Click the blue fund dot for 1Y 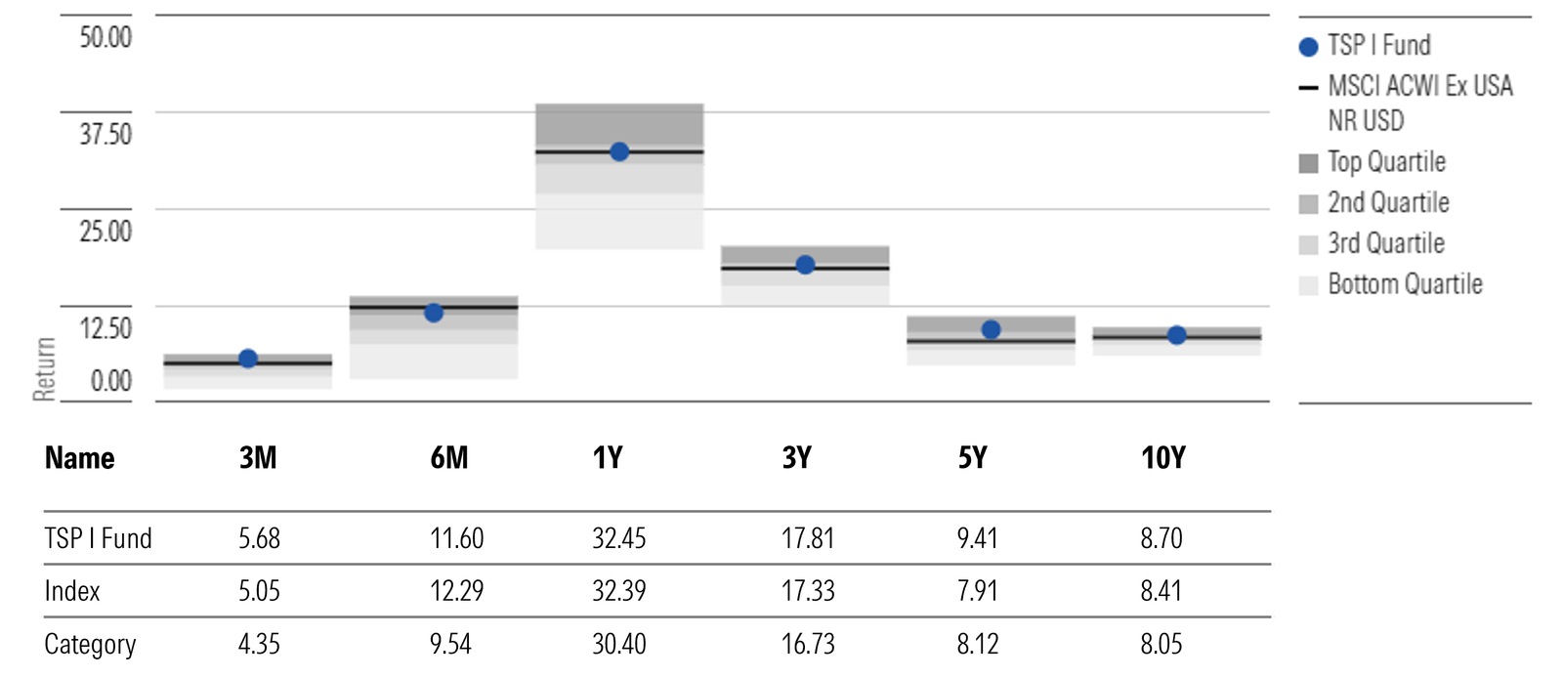(x=618, y=151)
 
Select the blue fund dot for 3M (x=248, y=359)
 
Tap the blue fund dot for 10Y (x=1176, y=335)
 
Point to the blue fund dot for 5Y (x=991, y=330)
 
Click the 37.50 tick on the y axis (x=106, y=134)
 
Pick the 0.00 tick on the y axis (x=110, y=380)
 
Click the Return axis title (x=44, y=369)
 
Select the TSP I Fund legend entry (x=1377, y=46)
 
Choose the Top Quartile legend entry (x=1385, y=162)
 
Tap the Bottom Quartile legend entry (x=1404, y=284)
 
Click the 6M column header (x=449, y=457)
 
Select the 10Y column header (x=1162, y=457)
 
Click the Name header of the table (x=79, y=457)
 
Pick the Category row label (x=90, y=644)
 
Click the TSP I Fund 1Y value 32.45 (x=618, y=538)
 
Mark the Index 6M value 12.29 (x=456, y=591)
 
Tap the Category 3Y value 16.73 (x=808, y=644)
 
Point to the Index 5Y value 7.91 (x=977, y=591)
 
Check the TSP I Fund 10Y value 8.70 (x=1161, y=538)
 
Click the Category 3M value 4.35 (x=259, y=644)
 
